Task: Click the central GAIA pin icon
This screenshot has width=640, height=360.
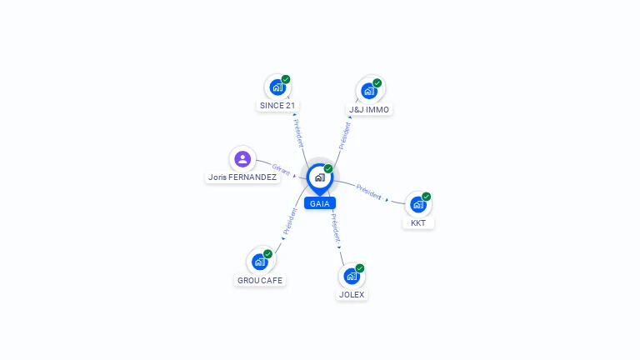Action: pos(319,177)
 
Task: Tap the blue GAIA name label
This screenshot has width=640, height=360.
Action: pos(319,203)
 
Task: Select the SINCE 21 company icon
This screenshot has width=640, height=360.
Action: pos(277,87)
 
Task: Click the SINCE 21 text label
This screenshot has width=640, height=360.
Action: pos(277,106)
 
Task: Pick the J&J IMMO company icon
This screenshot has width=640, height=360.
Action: pos(369,91)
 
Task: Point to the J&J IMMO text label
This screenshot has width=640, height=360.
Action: pos(369,110)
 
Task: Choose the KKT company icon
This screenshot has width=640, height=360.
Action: pos(418,204)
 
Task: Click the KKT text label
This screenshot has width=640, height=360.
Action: pos(418,223)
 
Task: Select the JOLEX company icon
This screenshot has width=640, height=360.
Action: pos(352,276)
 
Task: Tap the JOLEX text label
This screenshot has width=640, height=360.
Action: pos(352,295)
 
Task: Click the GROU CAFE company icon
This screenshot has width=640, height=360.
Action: pos(260,262)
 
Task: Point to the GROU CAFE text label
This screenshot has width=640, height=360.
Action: pos(260,281)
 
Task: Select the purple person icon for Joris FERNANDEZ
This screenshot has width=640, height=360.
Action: pos(242,158)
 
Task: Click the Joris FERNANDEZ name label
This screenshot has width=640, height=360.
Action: pos(242,177)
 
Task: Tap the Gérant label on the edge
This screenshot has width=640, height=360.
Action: pos(281,168)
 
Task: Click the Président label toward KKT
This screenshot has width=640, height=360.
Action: pos(369,191)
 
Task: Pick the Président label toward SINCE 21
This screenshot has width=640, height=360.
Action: pos(297,132)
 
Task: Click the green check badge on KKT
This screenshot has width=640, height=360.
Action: pos(427,197)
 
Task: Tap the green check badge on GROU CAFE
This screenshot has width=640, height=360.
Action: pos(268,254)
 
